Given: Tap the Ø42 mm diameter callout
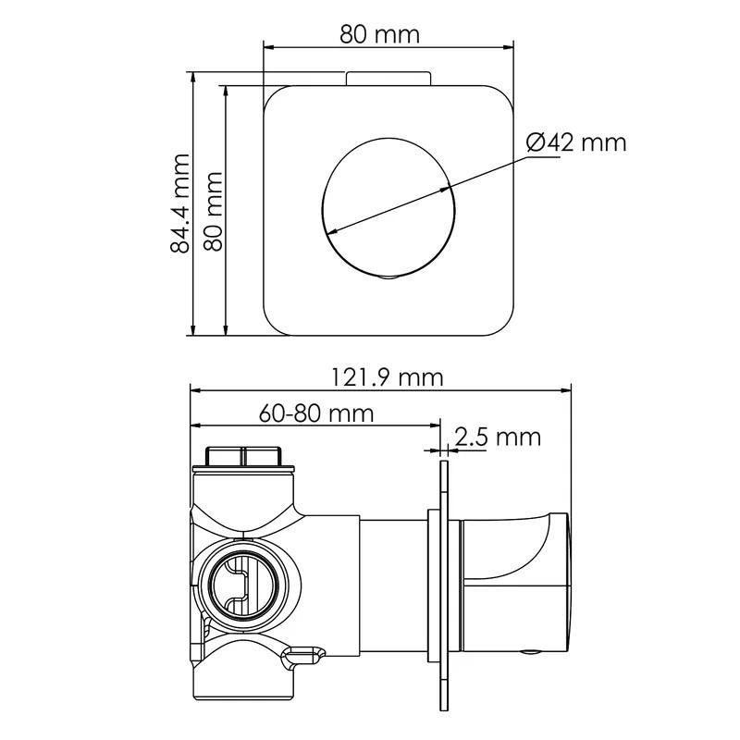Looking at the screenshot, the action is tap(576, 142).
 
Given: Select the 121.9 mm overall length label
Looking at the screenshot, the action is tap(387, 377).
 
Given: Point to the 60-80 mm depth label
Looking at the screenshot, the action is tap(316, 413).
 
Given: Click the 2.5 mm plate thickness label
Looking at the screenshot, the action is tap(498, 437).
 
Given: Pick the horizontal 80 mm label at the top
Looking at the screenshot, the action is tap(379, 34).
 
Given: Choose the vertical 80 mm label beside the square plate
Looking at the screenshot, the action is tap(213, 211).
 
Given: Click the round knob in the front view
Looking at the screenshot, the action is tap(388, 206).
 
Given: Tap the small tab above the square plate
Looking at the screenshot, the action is tap(388, 79).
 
